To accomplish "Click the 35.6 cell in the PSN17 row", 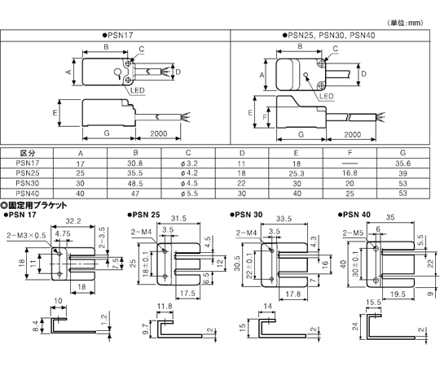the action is [403, 163].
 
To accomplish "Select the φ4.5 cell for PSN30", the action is [189, 184].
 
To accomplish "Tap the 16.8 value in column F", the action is [350, 173].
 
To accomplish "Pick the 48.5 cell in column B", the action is [135, 184].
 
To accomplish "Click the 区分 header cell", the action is [28, 153].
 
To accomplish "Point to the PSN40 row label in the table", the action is [27, 194].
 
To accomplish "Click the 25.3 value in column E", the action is [297, 173].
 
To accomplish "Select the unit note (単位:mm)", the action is [405, 23].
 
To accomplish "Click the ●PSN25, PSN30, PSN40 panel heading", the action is [328, 35].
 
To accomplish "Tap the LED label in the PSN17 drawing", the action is [138, 90].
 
